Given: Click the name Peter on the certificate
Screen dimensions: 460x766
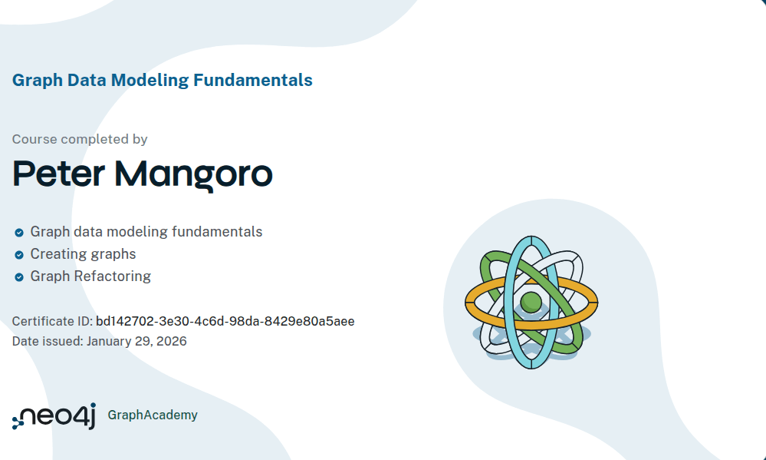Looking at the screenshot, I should tap(58, 174).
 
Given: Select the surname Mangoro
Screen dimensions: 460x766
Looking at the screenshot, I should tap(193, 175).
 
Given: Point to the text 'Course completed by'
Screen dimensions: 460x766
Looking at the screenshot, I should tap(80, 139).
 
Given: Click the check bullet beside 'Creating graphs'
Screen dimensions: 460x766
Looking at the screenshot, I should tap(18, 254).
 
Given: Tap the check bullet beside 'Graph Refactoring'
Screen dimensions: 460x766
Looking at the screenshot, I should tap(18, 276).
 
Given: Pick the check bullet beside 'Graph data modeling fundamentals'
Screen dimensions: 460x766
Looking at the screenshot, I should tap(18, 232).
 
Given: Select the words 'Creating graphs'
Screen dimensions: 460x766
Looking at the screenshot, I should tap(83, 253).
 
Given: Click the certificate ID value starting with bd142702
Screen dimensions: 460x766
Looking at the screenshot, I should tap(225, 321).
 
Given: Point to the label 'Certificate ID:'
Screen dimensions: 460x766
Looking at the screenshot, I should tap(52, 321).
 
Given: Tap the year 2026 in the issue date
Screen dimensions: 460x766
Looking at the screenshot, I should tap(171, 341).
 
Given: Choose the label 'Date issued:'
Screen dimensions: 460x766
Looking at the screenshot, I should tap(48, 341).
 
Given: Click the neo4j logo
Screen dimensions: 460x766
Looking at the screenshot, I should tap(54, 415).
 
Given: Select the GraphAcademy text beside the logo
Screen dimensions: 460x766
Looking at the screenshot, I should tap(153, 415).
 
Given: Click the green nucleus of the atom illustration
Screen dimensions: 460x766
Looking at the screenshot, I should tap(531, 301).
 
